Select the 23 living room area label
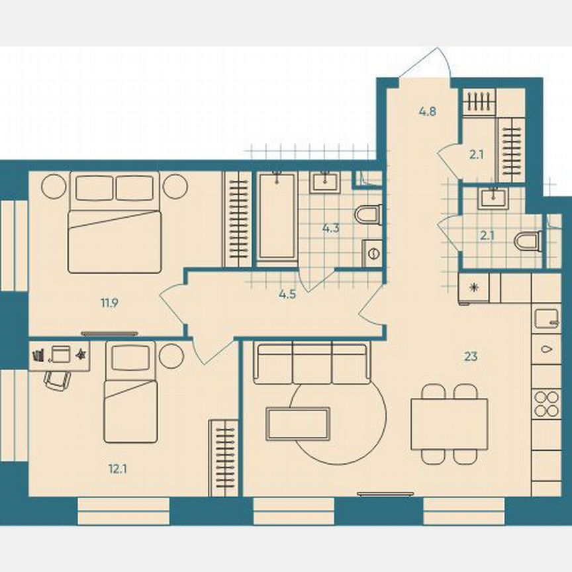tap(471, 357)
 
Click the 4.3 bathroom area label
tap(330, 229)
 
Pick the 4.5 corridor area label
tap(287, 295)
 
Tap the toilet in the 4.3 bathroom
tap(367, 214)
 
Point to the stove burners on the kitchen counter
tap(547, 403)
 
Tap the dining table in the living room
tap(449, 424)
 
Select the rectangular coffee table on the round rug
tap(298, 423)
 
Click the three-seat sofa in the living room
tap(311, 363)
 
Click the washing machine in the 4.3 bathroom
tap(372, 252)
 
